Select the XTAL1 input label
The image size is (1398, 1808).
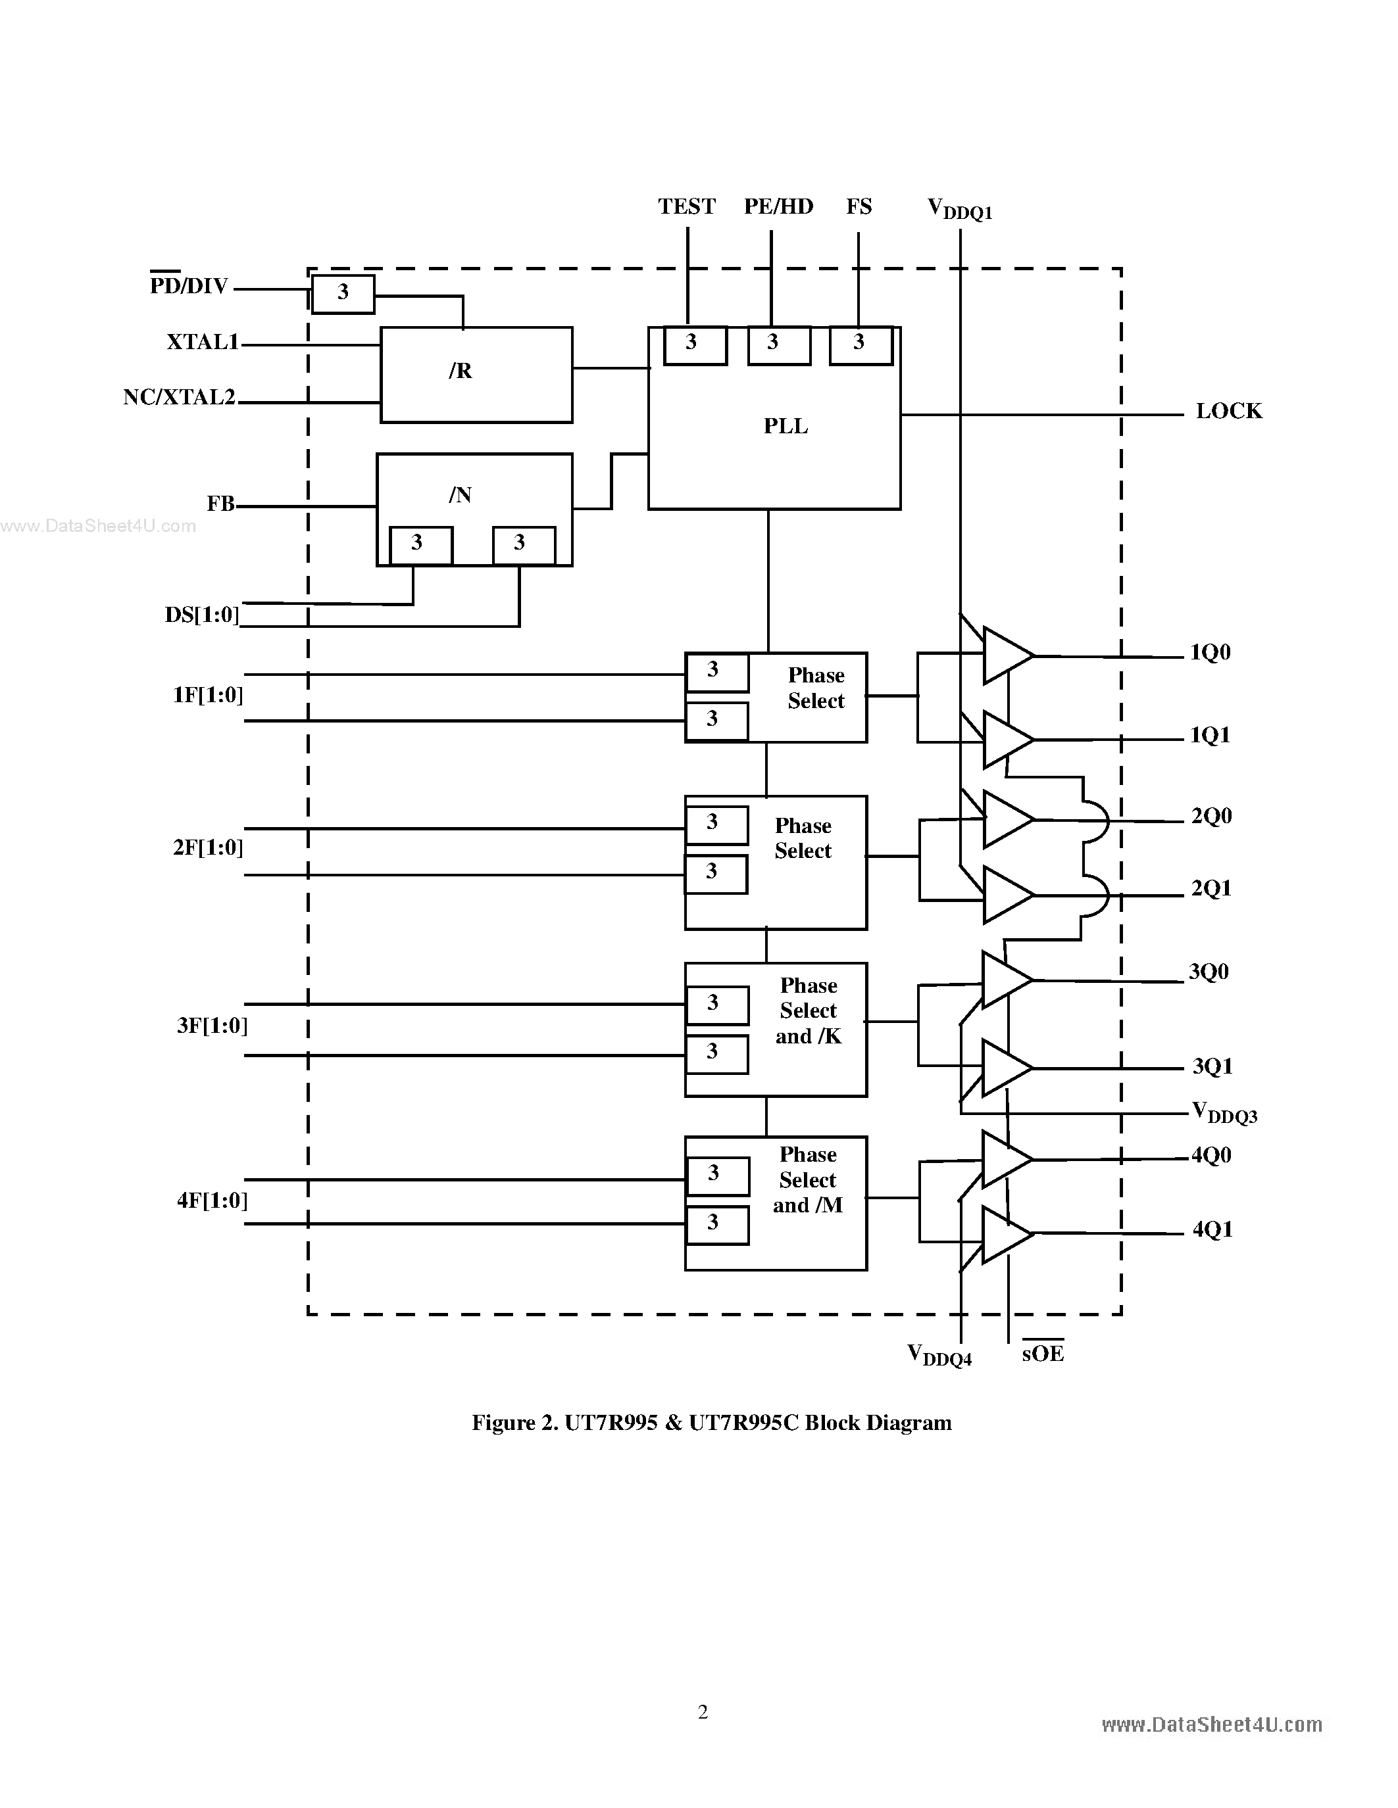click(x=203, y=342)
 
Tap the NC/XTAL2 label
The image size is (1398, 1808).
click(x=180, y=397)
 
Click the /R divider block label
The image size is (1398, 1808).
click(x=461, y=371)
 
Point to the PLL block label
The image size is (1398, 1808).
click(x=785, y=426)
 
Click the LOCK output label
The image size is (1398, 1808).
click(x=1228, y=412)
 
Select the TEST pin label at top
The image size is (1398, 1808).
click(x=687, y=206)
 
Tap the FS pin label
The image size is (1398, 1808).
click(x=859, y=206)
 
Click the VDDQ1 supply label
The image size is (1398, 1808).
click(x=959, y=210)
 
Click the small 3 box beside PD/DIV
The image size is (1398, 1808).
click(x=343, y=293)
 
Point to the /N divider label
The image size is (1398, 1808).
click(x=461, y=495)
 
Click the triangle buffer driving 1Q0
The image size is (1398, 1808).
click(x=1005, y=655)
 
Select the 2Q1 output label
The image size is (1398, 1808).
click(x=1211, y=888)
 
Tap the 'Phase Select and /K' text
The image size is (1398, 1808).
click(x=809, y=1011)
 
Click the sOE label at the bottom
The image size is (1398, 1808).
click(x=1042, y=1354)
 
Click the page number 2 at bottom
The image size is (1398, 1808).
click(x=703, y=1712)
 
